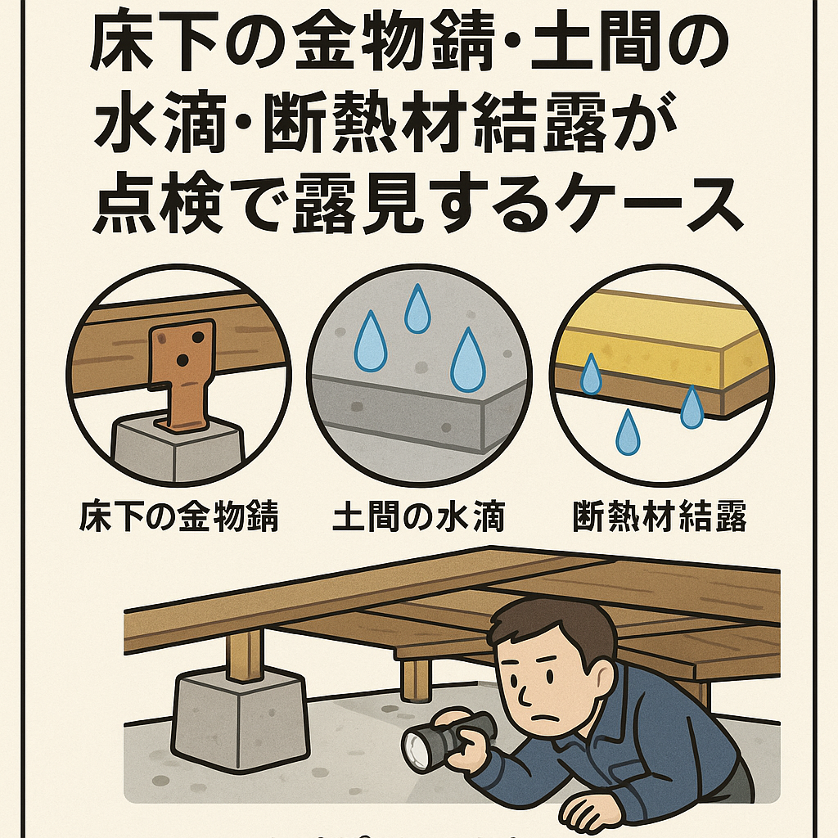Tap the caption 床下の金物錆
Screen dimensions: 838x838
[178, 516]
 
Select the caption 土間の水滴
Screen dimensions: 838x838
[418, 516]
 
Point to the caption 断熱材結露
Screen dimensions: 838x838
[659, 516]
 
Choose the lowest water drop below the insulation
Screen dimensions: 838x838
[628, 432]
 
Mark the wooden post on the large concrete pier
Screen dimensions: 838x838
[245, 656]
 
